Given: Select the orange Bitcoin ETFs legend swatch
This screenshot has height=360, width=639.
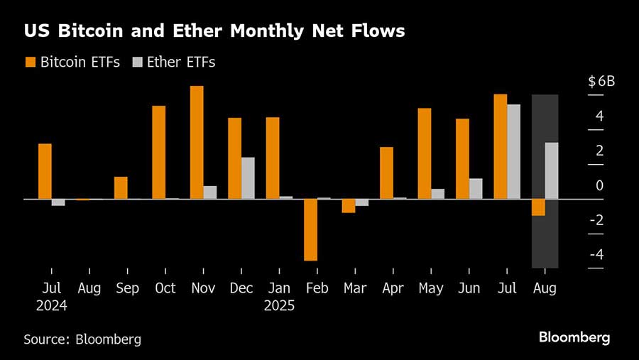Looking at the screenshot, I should coord(31,62).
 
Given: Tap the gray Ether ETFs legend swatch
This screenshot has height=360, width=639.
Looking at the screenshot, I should coord(136,62).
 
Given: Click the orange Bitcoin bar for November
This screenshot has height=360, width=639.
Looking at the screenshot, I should coord(197,142).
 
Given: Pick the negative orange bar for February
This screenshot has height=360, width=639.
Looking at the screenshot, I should coord(310,229).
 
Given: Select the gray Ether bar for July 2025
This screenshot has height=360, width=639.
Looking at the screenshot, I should coord(513,151).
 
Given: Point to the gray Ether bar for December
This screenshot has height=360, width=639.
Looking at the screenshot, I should coord(248,178).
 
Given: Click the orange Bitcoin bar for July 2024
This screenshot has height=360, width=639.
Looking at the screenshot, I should coord(45,171).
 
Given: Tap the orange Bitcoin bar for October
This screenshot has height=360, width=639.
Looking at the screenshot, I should coord(158,152).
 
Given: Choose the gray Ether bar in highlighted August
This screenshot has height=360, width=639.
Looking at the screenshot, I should coord(552,170).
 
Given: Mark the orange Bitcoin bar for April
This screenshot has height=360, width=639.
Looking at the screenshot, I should coord(386,173).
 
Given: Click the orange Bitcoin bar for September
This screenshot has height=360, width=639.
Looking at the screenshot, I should coord(121,187).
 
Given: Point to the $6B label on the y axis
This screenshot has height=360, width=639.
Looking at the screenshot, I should coord(601,82).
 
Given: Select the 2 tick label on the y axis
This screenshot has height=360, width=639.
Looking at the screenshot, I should coord(599,151).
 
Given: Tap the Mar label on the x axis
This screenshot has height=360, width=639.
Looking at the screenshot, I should coord(355,288).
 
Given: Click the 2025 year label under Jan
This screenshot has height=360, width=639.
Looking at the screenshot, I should coord(279,306).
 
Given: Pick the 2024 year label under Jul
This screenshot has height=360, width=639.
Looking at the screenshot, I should coord(51,306).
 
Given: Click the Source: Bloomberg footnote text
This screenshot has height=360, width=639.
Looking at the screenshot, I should coord(82,339).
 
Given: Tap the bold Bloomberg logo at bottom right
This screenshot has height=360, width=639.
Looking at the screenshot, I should coord(574,338).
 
